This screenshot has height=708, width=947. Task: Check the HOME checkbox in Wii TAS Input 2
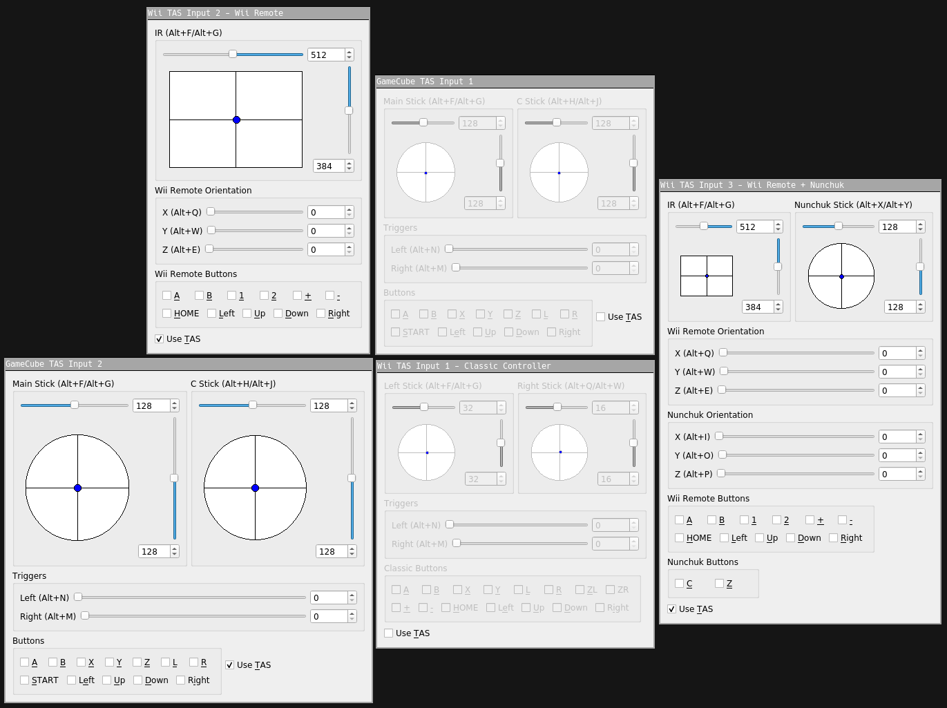[x=167, y=313]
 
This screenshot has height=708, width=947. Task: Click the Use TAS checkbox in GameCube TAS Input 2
[x=229, y=665]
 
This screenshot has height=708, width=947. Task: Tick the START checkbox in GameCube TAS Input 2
[x=25, y=680]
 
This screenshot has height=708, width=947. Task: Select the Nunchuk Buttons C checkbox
[x=679, y=583]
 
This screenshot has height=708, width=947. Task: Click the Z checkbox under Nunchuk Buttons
[x=719, y=583]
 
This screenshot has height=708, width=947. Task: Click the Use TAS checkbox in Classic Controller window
[x=388, y=633]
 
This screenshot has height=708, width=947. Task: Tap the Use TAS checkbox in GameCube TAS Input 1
[x=600, y=316]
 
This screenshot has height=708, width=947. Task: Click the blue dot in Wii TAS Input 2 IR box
[x=236, y=120]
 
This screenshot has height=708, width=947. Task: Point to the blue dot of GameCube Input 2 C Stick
[x=255, y=488]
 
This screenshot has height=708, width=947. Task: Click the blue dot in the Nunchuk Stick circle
[x=841, y=276]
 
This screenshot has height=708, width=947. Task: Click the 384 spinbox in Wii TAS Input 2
[x=334, y=166]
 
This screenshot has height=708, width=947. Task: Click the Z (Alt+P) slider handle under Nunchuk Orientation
[x=721, y=473]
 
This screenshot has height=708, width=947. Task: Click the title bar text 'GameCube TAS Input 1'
[x=425, y=82]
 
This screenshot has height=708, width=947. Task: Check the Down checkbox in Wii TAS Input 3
[x=790, y=537]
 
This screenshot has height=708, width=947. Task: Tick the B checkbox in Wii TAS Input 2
[x=199, y=295]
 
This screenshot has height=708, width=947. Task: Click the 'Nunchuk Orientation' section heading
[x=709, y=414]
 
